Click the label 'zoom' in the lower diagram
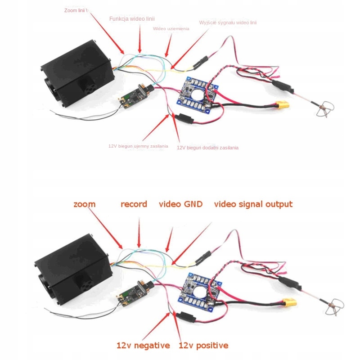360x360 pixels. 85,204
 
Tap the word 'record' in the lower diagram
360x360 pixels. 134,204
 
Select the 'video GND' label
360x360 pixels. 180,204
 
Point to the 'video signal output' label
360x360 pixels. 253,204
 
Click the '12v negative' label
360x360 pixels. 143,346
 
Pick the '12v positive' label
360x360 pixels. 203,346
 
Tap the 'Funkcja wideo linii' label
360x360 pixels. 132,18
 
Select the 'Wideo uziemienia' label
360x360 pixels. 171,28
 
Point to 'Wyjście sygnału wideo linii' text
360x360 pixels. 228,22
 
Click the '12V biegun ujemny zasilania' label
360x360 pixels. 138,146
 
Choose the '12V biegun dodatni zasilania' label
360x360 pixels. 207,148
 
